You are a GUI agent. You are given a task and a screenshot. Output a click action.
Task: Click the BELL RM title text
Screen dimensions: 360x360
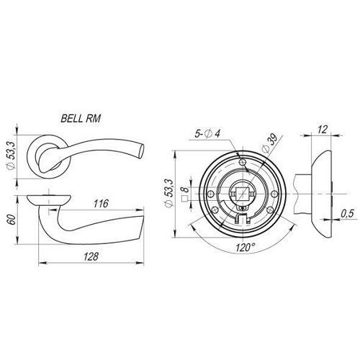(81, 119)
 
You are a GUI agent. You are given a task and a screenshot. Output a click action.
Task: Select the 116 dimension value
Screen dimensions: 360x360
(101, 204)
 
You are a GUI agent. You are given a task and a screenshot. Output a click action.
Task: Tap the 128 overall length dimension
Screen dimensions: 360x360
(91, 256)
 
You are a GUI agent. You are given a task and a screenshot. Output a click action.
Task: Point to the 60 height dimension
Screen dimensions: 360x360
(12, 220)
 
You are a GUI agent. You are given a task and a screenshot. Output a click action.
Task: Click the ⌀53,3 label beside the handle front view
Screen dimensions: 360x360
(12, 156)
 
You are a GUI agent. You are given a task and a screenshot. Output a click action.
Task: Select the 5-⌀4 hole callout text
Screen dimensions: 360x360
(207, 133)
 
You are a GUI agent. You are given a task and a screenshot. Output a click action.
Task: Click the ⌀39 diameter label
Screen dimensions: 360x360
(270, 143)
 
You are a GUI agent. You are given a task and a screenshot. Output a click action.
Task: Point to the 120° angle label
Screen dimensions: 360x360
(245, 248)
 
